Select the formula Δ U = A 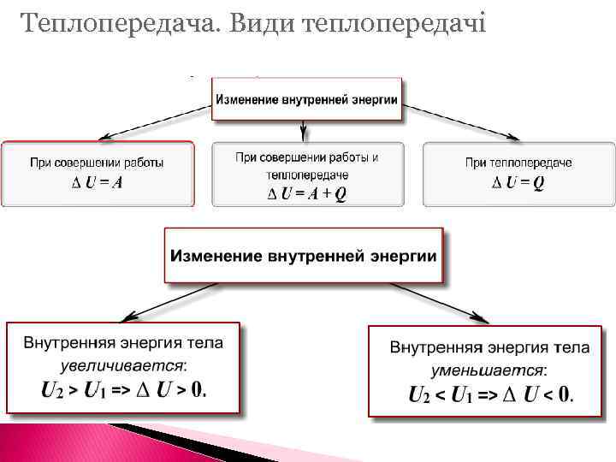point(97,181)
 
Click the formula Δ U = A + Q point(307,193)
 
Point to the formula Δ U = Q point(518,181)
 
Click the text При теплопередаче point(518,163)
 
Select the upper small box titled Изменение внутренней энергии point(306,100)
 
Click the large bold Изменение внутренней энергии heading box point(304,256)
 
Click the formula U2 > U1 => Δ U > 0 point(124,390)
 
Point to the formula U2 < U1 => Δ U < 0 point(491,395)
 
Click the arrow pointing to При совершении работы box point(155,121)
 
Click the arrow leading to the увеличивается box point(162,300)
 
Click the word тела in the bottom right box point(572,348)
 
